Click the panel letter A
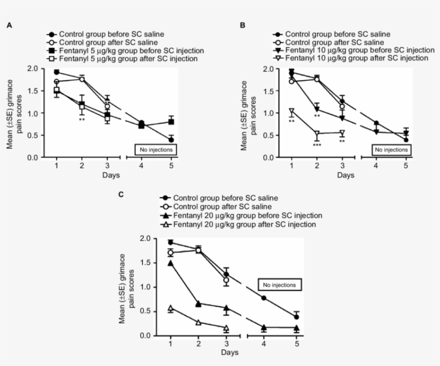tap(9, 25)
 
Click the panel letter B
tap(243, 25)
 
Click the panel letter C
tap(121, 194)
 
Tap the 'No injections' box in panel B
tap(391, 150)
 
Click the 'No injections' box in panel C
tap(280, 285)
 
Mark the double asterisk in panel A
tap(82, 119)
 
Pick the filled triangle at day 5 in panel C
tap(297, 328)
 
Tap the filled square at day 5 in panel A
tap(171, 122)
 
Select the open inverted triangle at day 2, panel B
tap(317, 133)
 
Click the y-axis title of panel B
tap(248, 113)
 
